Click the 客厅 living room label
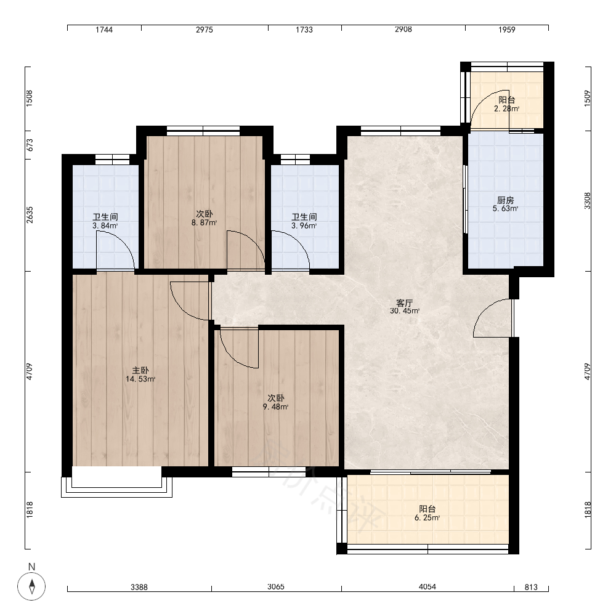coord(404,303)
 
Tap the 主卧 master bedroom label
coord(140,370)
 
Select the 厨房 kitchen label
coord(505,200)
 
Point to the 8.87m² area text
coord(205,223)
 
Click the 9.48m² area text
coord(276,407)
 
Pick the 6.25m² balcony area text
coord(427,518)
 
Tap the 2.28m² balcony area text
coord(506,109)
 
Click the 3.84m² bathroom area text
coord(105,225)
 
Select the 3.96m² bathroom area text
coord(304,225)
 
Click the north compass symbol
coord(31,586)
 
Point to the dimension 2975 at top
coord(205,30)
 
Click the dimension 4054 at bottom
coord(427,586)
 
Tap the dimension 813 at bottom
coord(531,587)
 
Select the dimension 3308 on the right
coord(587,201)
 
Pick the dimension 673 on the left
coord(30,145)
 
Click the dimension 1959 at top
coord(507,30)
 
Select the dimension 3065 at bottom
coord(276,586)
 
